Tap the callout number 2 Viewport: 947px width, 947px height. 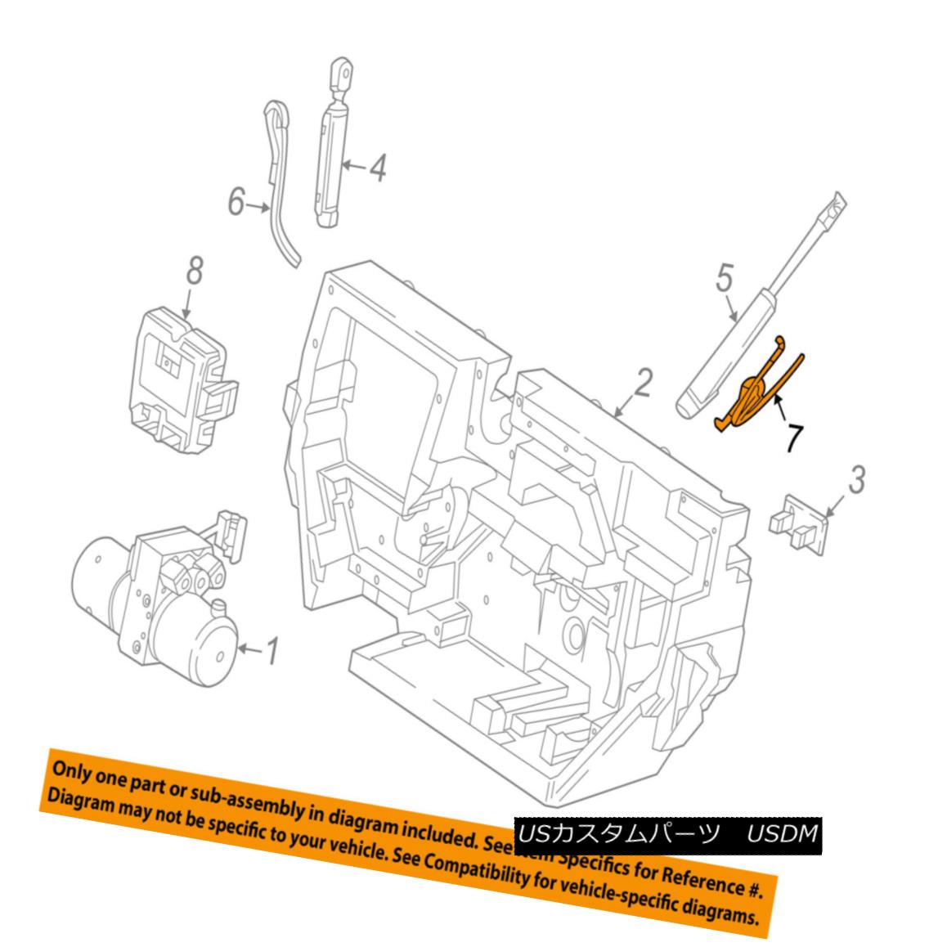coord(644,384)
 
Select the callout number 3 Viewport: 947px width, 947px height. coord(855,480)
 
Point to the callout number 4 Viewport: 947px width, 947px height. coord(376,168)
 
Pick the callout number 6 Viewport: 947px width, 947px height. coord(236,201)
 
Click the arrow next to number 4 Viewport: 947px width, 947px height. coord(352,167)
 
